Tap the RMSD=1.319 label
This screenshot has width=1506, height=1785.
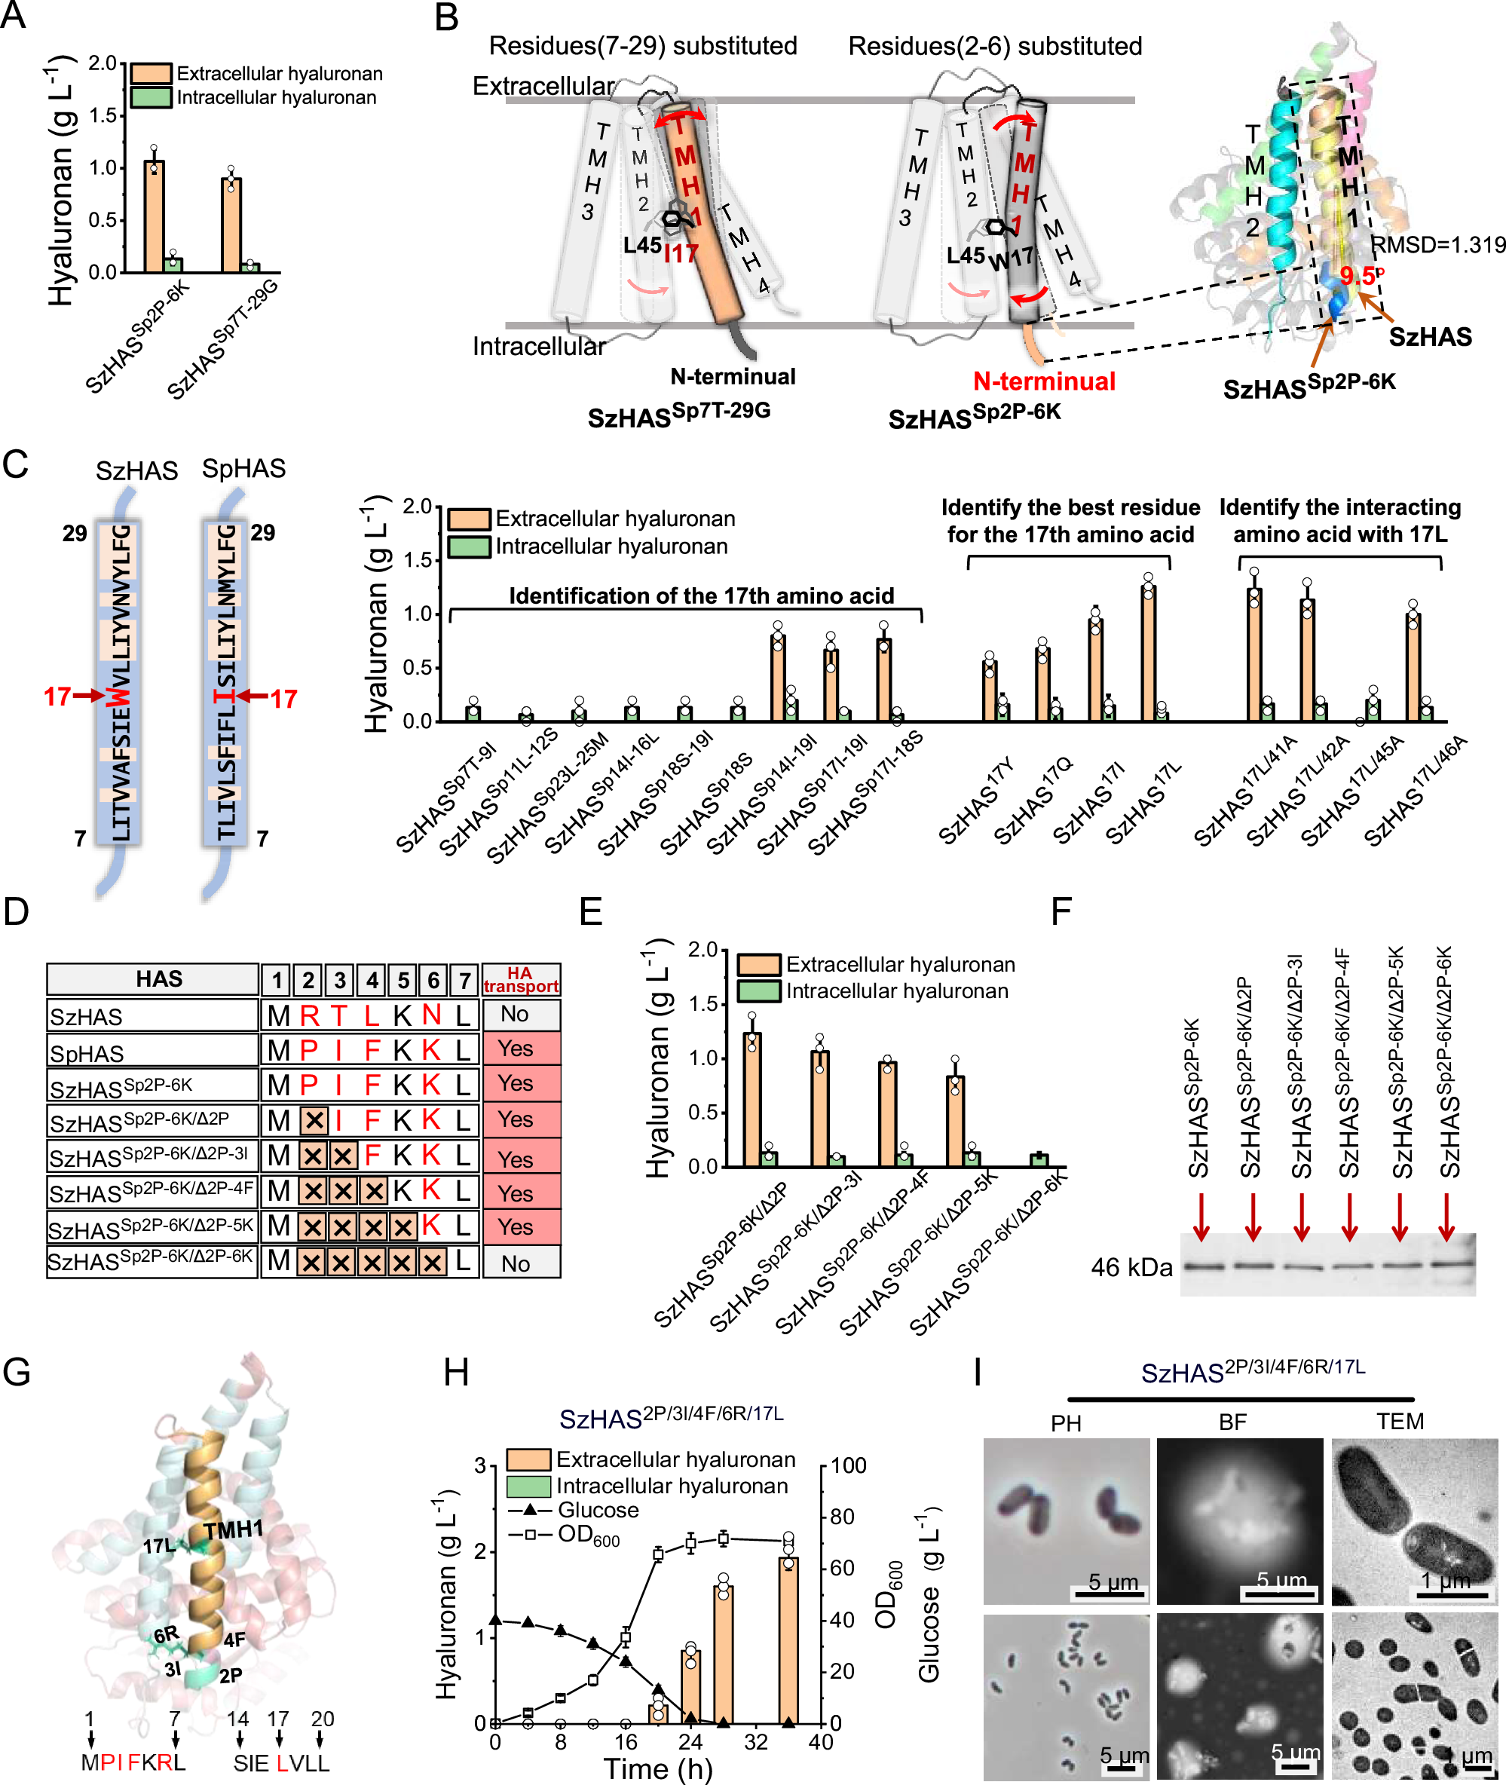point(1437,245)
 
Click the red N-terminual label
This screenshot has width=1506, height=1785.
point(1043,381)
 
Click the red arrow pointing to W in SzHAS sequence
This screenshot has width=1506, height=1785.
point(88,696)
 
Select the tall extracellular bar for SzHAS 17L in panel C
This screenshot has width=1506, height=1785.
point(1148,653)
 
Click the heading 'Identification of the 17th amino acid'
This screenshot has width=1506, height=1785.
point(701,596)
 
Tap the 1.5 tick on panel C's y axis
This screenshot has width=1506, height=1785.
point(418,560)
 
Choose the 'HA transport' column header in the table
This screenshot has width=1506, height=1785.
point(521,979)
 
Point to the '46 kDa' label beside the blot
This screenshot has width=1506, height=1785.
point(1131,1268)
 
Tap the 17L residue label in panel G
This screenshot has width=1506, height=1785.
point(159,1546)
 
